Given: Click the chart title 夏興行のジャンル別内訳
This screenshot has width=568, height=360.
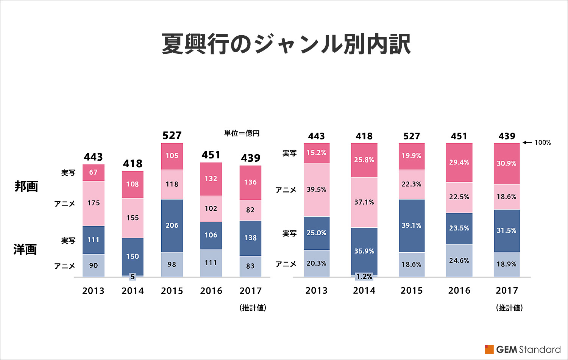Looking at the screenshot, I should click(x=286, y=44).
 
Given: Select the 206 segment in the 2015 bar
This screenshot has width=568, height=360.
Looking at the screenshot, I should click(x=172, y=225).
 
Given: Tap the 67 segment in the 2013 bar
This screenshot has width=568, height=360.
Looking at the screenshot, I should click(x=94, y=172).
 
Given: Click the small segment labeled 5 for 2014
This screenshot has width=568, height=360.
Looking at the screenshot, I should click(x=133, y=277).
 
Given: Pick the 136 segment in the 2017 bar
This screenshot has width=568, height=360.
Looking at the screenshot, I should click(x=250, y=182).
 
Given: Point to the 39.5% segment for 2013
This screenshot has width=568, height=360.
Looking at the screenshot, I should click(x=317, y=189).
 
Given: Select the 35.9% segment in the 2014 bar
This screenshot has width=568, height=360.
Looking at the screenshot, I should click(x=364, y=251).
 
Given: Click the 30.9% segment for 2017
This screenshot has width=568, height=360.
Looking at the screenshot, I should click(x=507, y=163).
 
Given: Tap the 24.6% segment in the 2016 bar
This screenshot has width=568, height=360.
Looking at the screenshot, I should click(x=459, y=261).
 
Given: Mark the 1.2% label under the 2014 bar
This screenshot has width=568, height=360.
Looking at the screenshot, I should click(x=364, y=277).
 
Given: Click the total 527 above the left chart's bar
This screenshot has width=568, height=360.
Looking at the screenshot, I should click(x=172, y=135).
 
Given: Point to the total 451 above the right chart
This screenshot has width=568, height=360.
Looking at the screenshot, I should click(x=459, y=136).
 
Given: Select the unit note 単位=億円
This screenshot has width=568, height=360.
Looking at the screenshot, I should click(x=242, y=133).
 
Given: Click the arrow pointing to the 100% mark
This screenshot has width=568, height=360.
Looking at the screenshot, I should click(x=527, y=142).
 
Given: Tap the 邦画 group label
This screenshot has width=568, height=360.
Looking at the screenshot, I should click(x=26, y=186).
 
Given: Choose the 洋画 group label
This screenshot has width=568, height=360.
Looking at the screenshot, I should click(x=25, y=249).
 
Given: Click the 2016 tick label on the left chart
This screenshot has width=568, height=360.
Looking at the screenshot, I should click(x=211, y=291).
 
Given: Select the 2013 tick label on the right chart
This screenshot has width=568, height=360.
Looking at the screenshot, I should click(x=317, y=291).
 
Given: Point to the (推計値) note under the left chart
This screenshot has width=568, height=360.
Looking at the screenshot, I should click(x=253, y=308).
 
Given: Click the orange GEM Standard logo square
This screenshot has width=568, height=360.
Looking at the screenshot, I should click(x=489, y=349).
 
